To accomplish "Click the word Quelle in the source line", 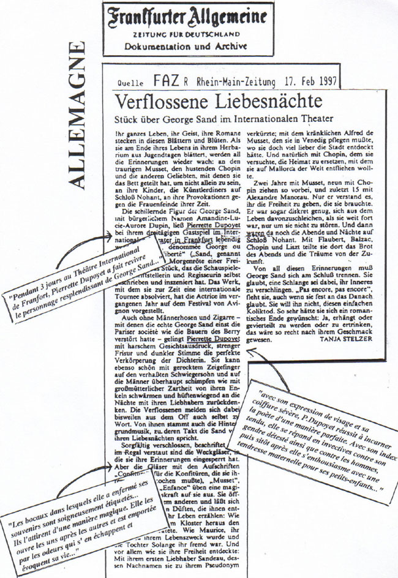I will pos(127,83).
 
